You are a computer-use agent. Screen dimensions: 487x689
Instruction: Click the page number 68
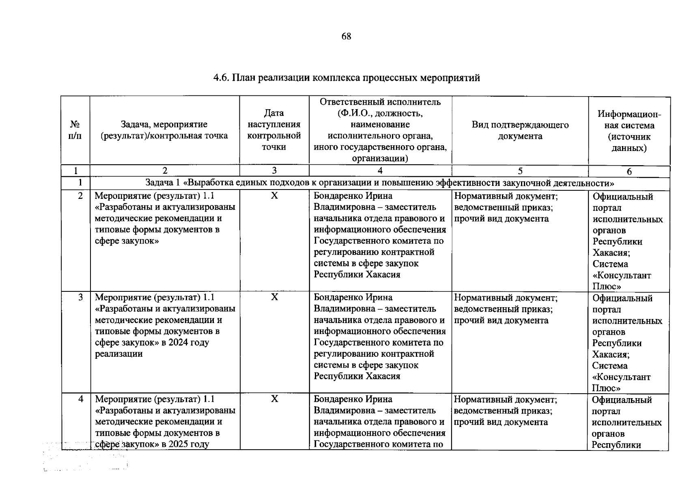pos(346,37)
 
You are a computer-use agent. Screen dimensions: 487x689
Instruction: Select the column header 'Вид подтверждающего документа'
pos(520,130)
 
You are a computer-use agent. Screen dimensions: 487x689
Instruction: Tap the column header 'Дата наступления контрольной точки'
pos(274,130)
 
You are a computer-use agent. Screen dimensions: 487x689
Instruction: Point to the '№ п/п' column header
pos(75,130)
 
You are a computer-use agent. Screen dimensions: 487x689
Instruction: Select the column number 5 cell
pos(520,171)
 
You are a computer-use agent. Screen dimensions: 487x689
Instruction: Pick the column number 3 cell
pos(274,171)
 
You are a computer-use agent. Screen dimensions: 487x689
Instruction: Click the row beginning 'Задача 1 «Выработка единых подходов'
pos(379,183)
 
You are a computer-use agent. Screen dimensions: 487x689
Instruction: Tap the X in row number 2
pos(274,196)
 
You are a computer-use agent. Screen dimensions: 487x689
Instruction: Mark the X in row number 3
pos(274,297)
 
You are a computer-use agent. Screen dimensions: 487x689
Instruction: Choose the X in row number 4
pos(274,399)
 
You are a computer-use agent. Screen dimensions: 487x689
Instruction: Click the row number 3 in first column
pos(81,297)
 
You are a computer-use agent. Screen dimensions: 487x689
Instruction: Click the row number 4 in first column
pos(81,399)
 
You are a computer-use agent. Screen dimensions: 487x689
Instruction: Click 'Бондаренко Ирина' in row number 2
pos(353,196)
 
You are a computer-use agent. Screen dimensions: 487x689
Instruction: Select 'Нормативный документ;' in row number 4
pos(506,400)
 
